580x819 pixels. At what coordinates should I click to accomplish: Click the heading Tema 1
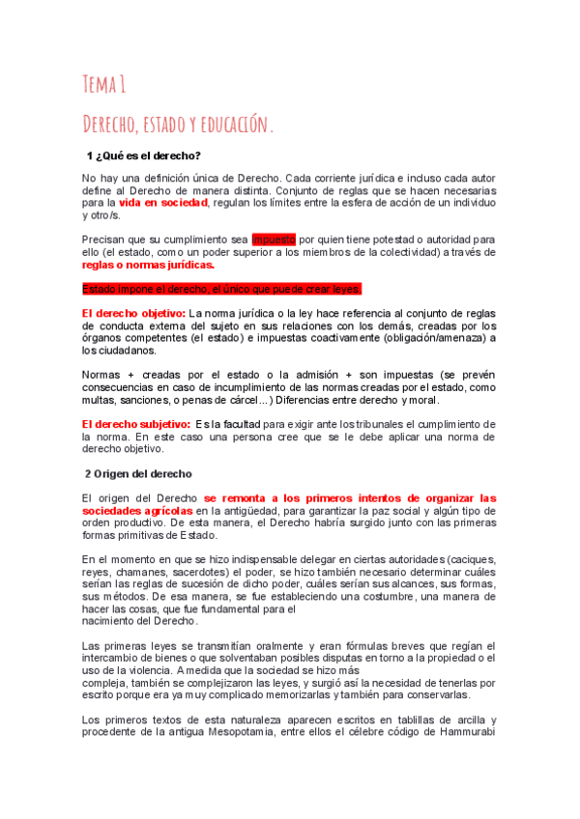104,85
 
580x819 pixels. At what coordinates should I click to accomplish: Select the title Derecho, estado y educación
178,125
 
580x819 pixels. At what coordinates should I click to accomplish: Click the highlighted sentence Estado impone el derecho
221,289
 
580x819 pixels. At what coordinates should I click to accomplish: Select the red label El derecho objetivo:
133,313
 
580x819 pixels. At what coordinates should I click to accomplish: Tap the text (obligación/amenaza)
432,337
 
